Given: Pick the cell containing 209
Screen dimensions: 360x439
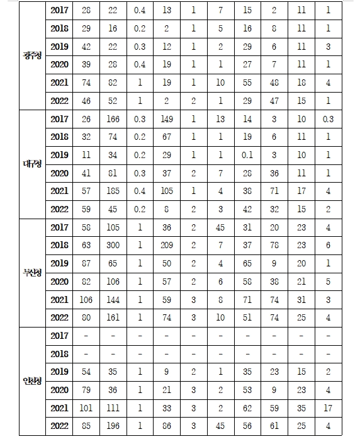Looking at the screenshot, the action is (166, 245).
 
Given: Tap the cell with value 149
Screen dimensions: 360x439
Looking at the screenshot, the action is (166, 120).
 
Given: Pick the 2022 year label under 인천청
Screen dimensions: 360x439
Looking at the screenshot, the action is (60, 425).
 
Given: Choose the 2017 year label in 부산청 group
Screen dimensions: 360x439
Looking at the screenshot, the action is (60, 227).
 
